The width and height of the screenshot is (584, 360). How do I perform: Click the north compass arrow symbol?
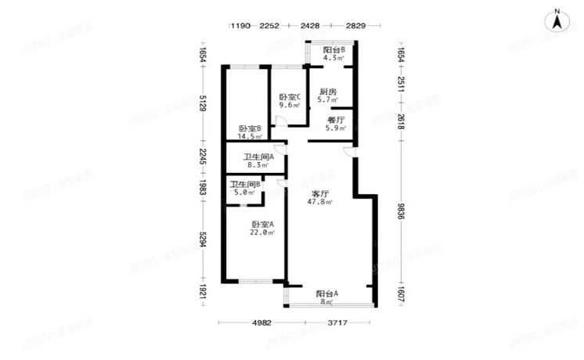click(557, 21)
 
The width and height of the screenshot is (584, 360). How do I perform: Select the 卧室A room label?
click(262, 224)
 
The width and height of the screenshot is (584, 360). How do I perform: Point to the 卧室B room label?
click(250, 129)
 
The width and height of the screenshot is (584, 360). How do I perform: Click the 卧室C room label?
click(290, 97)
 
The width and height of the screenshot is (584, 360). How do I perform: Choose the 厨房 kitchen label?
click(328, 92)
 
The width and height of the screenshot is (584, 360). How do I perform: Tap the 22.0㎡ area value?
click(262, 232)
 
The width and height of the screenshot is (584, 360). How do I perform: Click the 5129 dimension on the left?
click(202, 106)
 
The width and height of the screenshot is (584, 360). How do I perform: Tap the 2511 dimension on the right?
click(401, 85)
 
